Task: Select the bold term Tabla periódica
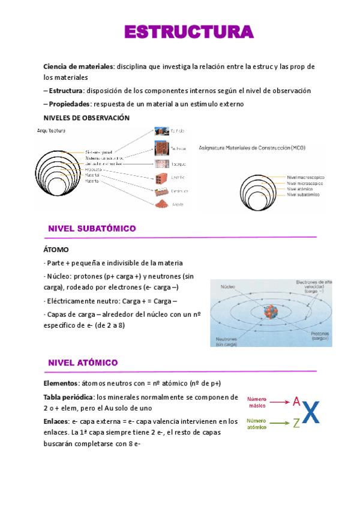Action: [68, 397]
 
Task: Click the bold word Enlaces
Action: [56, 421]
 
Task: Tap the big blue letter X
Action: [311, 412]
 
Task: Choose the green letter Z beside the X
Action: [296, 424]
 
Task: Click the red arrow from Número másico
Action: [280, 402]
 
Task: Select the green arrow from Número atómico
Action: [280, 424]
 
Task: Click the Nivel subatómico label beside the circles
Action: [303, 195]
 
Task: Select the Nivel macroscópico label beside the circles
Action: [306, 178]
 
